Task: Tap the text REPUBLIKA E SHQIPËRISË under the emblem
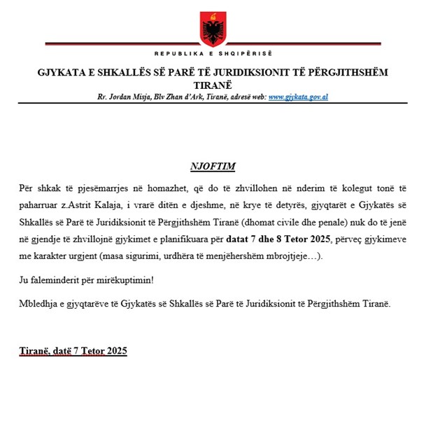(x=213, y=54)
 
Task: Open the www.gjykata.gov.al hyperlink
(x=298, y=97)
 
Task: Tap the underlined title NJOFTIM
(x=213, y=167)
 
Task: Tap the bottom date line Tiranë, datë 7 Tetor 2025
(x=73, y=351)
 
